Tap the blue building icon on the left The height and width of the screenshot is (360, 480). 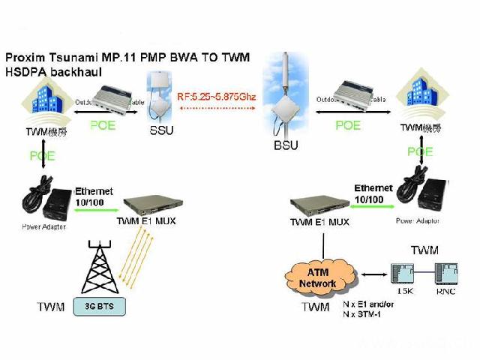coord(43,104)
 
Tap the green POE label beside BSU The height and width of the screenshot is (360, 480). coord(347,125)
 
